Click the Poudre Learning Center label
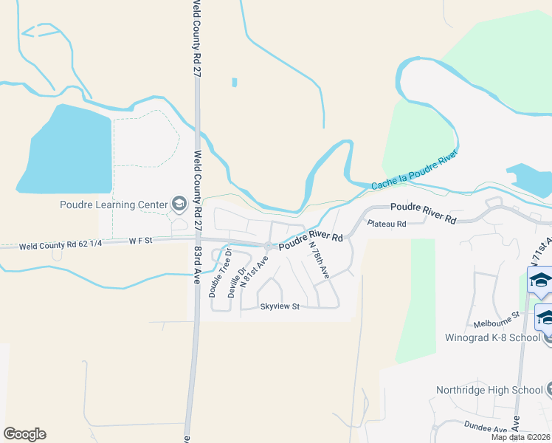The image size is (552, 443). pos(114,205)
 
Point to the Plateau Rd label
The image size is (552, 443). pos(387,224)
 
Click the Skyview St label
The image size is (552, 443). pos(279,306)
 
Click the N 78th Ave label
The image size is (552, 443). pos(319,259)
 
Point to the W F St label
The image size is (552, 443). pos(139,240)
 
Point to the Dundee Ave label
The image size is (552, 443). pos(486,427)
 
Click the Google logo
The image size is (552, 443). pos(24,434)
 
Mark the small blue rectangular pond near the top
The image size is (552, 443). pos(235,83)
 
